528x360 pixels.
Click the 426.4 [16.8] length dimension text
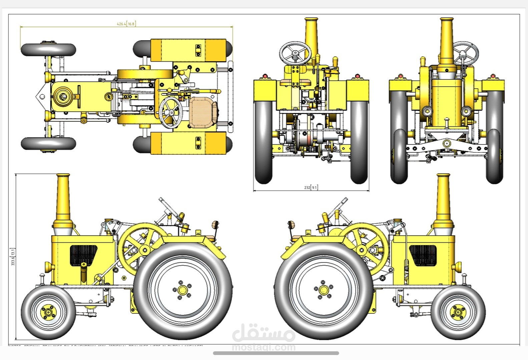point(126,24)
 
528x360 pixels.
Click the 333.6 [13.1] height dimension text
point(13,257)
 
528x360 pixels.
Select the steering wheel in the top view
point(171,113)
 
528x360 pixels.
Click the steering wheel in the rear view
point(295,53)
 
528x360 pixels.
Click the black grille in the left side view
point(83,255)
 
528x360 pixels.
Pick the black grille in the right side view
point(423,255)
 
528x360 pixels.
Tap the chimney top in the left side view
point(63,176)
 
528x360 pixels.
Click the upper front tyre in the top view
point(48,50)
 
